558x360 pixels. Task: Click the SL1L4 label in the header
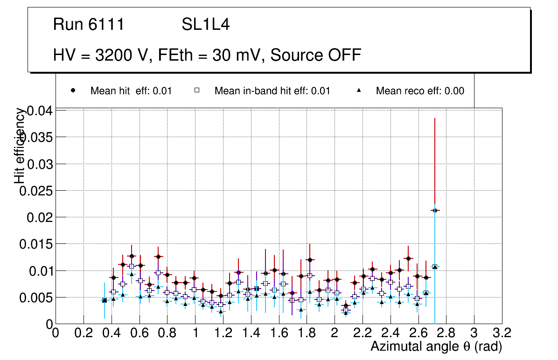[x=205, y=25]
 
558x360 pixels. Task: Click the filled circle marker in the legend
[x=73, y=90]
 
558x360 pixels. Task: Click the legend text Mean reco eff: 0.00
[x=420, y=91]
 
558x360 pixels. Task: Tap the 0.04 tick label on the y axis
[x=41, y=111]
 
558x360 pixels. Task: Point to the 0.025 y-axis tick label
[x=37, y=191]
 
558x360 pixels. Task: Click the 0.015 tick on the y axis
[x=37, y=244]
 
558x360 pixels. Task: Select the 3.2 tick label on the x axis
[x=502, y=333]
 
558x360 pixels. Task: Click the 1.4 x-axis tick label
[x=251, y=333]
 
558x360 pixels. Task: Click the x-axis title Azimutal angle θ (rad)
[x=436, y=346]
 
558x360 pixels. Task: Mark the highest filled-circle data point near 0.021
[x=435, y=210]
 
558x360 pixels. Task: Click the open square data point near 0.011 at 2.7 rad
[x=435, y=267]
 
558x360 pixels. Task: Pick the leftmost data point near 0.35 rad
[x=105, y=300]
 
